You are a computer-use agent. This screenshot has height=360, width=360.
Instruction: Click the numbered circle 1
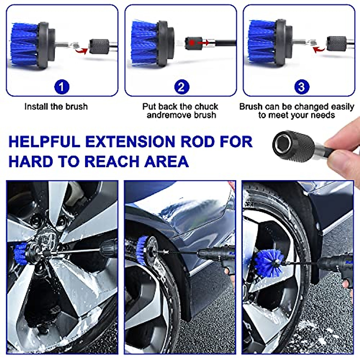62,87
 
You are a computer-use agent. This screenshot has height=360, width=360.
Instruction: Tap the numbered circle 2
181,87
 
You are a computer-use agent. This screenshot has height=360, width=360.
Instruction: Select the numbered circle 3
301,87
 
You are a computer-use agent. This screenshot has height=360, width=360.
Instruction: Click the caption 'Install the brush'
56,107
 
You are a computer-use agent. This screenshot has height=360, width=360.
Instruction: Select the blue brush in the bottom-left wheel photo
20,251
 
